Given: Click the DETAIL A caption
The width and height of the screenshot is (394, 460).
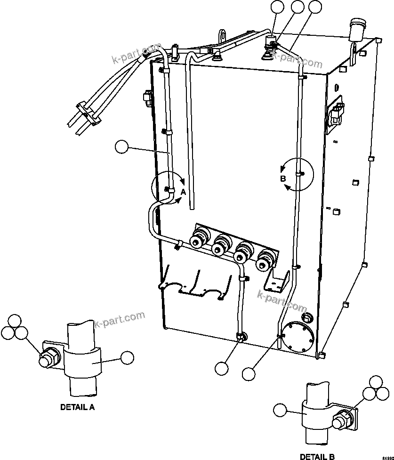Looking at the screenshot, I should pyautogui.click(x=78, y=407).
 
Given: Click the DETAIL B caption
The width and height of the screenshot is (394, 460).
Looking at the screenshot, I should pyautogui.click(x=317, y=456).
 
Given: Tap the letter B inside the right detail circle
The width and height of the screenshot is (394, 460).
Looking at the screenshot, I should pyautogui.click(x=283, y=179).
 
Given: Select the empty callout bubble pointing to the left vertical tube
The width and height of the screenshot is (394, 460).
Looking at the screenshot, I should pyautogui.click(x=122, y=147).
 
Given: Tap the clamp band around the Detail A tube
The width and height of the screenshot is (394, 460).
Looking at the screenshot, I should pyautogui.click(x=82, y=362).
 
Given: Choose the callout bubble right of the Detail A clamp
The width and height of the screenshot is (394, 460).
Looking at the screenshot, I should pyautogui.click(x=127, y=358).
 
